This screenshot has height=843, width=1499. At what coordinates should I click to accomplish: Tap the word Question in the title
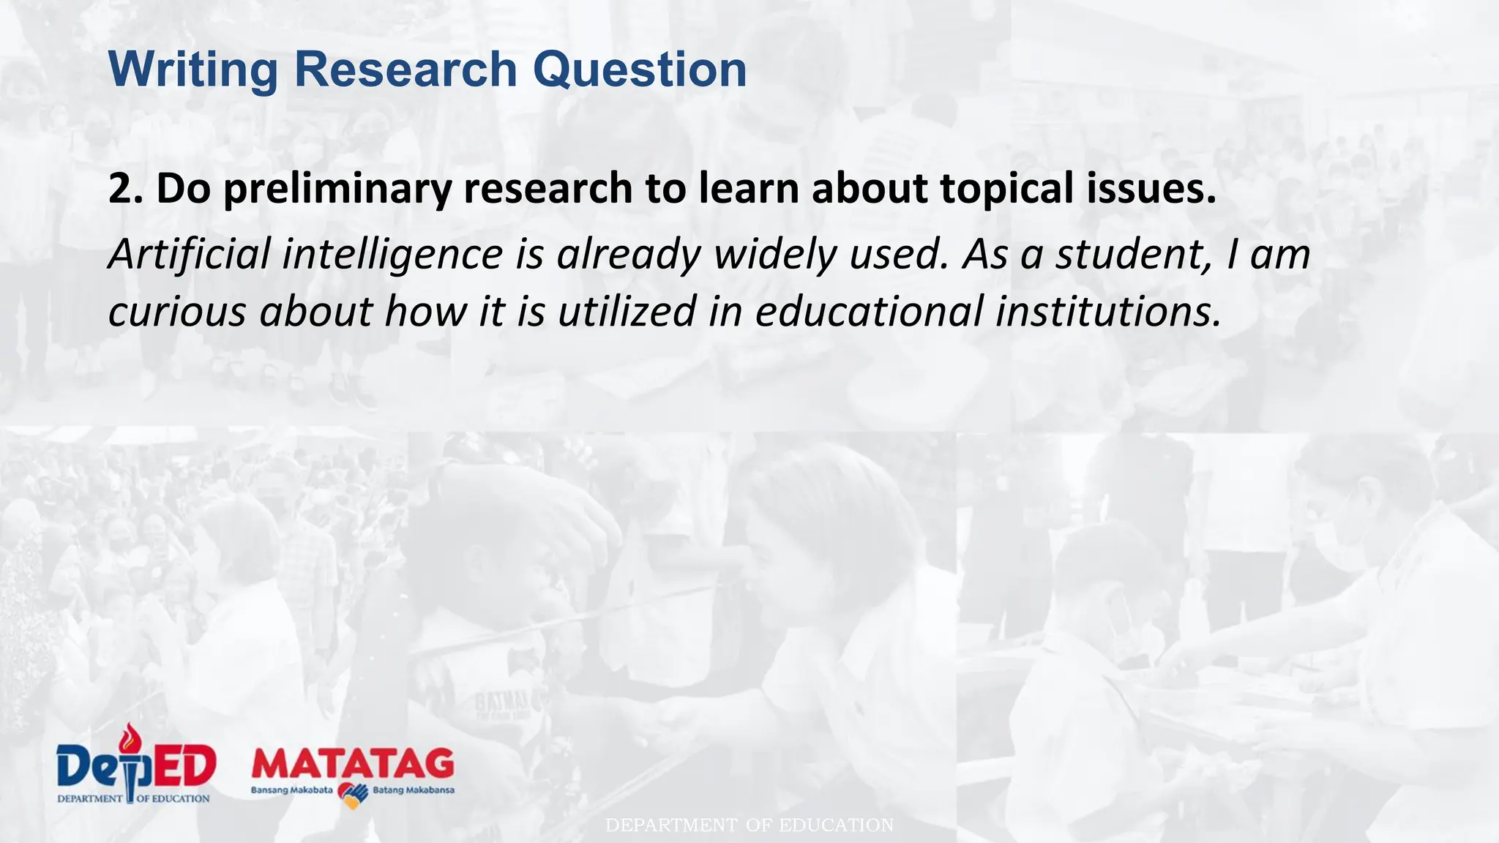(x=639, y=70)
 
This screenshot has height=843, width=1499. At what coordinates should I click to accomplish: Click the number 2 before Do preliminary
(x=119, y=188)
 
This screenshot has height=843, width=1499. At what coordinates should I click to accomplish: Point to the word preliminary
(x=338, y=189)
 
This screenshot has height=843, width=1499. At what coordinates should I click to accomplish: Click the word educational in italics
(x=869, y=310)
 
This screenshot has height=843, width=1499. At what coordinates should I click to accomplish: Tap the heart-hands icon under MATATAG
(x=353, y=795)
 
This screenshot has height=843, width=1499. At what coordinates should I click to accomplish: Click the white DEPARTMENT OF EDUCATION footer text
(x=749, y=825)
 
